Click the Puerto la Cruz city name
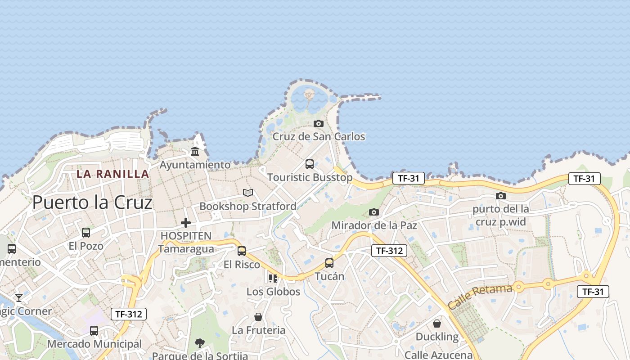click(92, 203)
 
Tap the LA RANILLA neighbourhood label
click(112, 174)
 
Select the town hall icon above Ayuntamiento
click(195, 152)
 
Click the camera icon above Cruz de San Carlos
click(319, 123)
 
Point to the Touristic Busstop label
click(310, 177)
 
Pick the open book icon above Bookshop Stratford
click(248, 193)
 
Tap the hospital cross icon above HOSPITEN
click(186, 222)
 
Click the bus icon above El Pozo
click(86, 233)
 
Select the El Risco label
click(242, 265)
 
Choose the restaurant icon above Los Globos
click(273, 279)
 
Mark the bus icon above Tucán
click(329, 263)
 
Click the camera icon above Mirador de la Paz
click(374, 212)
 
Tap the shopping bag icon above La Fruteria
click(258, 317)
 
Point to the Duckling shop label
click(437, 337)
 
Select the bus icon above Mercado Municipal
click(94, 331)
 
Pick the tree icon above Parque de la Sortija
click(200, 343)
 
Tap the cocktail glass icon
click(19, 297)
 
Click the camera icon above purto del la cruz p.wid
click(501, 196)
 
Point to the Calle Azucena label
click(438, 355)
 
